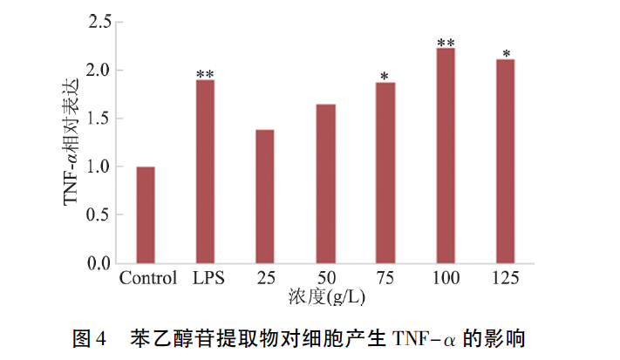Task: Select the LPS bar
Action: point(205,172)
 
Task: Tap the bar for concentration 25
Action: point(265,196)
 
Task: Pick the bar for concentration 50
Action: point(325,183)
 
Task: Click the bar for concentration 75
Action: point(385,173)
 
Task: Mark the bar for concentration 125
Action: point(506,161)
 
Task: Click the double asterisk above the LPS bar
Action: point(205,73)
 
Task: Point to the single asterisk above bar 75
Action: point(385,76)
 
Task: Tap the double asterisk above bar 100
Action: point(446,42)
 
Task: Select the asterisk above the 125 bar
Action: point(506,52)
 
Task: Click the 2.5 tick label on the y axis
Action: point(100,23)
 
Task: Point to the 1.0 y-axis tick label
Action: point(100,166)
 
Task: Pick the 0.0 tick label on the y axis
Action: point(100,262)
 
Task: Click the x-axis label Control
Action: point(147,279)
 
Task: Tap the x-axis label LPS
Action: point(208,279)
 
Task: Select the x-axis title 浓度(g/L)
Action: point(328,298)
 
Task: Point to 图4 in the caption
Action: point(87,337)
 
